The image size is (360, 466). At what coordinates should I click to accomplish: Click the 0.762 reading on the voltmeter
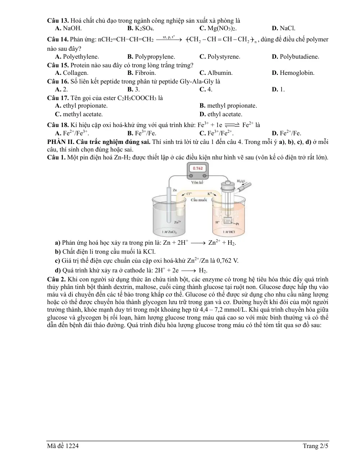(x=198, y=168)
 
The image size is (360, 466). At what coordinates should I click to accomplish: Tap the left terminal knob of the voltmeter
(x=191, y=176)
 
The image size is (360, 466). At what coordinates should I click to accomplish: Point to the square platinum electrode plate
(x=228, y=221)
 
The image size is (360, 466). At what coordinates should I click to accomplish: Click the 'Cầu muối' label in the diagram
(x=199, y=200)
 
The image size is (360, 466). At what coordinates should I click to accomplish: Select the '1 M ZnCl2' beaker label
(x=169, y=232)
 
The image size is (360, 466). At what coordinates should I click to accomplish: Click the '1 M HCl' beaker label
(x=229, y=232)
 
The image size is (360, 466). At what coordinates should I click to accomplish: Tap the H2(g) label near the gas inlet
(x=241, y=181)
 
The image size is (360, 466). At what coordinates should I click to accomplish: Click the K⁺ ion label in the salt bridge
(x=210, y=194)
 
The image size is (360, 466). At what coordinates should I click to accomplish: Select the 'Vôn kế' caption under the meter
(x=197, y=182)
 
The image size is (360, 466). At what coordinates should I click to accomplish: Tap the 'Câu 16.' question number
(x=58, y=81)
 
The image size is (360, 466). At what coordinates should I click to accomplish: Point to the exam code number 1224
(x=72, y=446)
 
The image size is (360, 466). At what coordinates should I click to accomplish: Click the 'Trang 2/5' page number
(x=315, y=446)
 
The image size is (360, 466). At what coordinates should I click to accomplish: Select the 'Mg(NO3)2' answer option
(x=222, y=28)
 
